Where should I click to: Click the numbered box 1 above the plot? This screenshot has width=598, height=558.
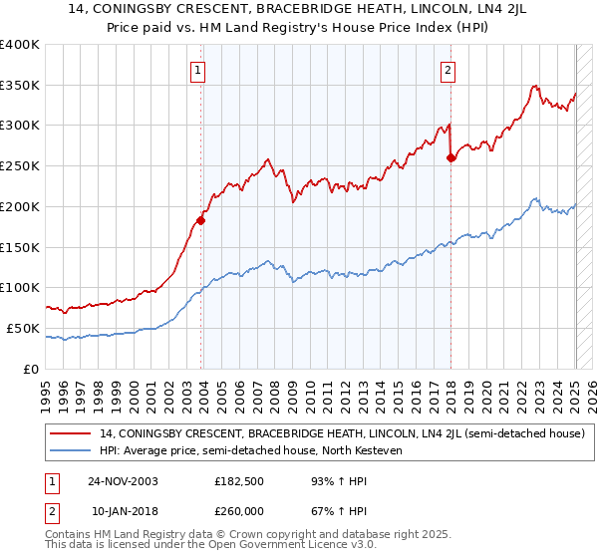[199, 70]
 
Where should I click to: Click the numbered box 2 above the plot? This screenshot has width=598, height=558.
[448, 70]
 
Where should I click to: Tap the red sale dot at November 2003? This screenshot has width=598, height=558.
[200, 220]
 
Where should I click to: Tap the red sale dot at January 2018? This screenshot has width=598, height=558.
[450, 156]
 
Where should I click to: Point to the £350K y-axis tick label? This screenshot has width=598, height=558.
[21, 86]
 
